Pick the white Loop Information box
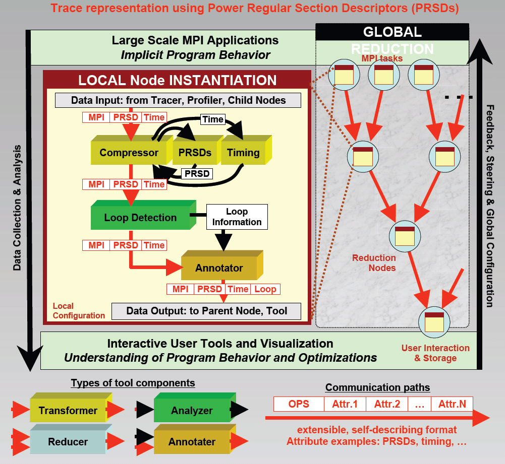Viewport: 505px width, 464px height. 237,217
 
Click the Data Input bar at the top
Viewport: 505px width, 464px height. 178,100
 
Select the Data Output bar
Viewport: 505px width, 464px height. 206,311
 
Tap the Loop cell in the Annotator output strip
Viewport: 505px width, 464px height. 265,289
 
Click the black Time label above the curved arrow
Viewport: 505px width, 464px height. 212,119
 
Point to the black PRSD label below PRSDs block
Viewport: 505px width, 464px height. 197,174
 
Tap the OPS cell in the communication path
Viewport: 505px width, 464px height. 299,404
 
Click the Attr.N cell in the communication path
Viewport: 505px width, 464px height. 452,404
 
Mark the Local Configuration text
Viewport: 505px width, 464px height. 79,311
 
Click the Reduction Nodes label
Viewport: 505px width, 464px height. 374,262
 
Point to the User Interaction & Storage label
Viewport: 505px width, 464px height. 435,353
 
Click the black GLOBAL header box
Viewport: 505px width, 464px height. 392,32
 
